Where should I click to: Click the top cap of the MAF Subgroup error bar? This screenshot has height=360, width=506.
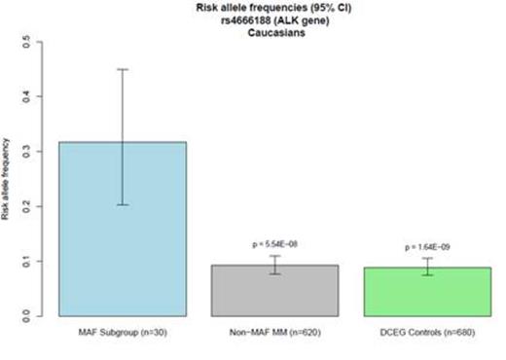(x=123, y=69)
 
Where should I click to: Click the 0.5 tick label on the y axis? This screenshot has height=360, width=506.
(x=40, y=42)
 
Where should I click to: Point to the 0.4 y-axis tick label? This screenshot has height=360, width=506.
(x=40, y=96)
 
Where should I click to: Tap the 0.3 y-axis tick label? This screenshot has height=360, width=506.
(x=40, y=152)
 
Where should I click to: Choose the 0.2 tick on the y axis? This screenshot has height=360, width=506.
(x=40, y=206)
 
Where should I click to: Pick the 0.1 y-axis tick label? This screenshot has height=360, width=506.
(x=40, y=262)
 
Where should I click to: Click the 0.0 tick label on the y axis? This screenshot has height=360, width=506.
(x=40, y=316)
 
